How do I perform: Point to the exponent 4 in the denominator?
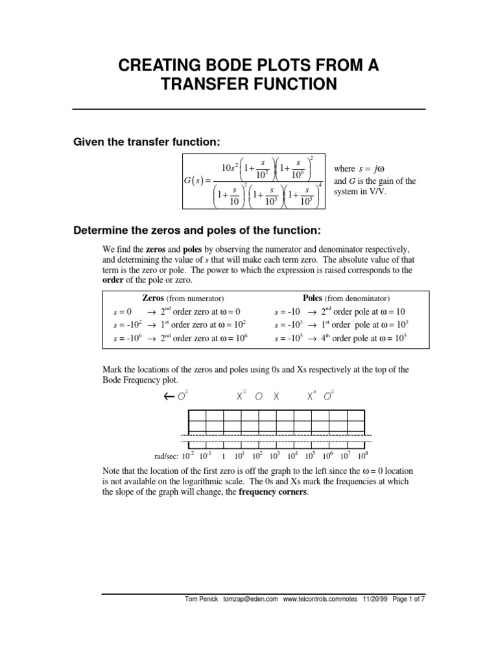tap(320, 186)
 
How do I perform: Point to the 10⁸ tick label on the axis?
tap(364, 456)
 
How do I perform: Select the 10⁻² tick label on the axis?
tap(187, 456)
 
